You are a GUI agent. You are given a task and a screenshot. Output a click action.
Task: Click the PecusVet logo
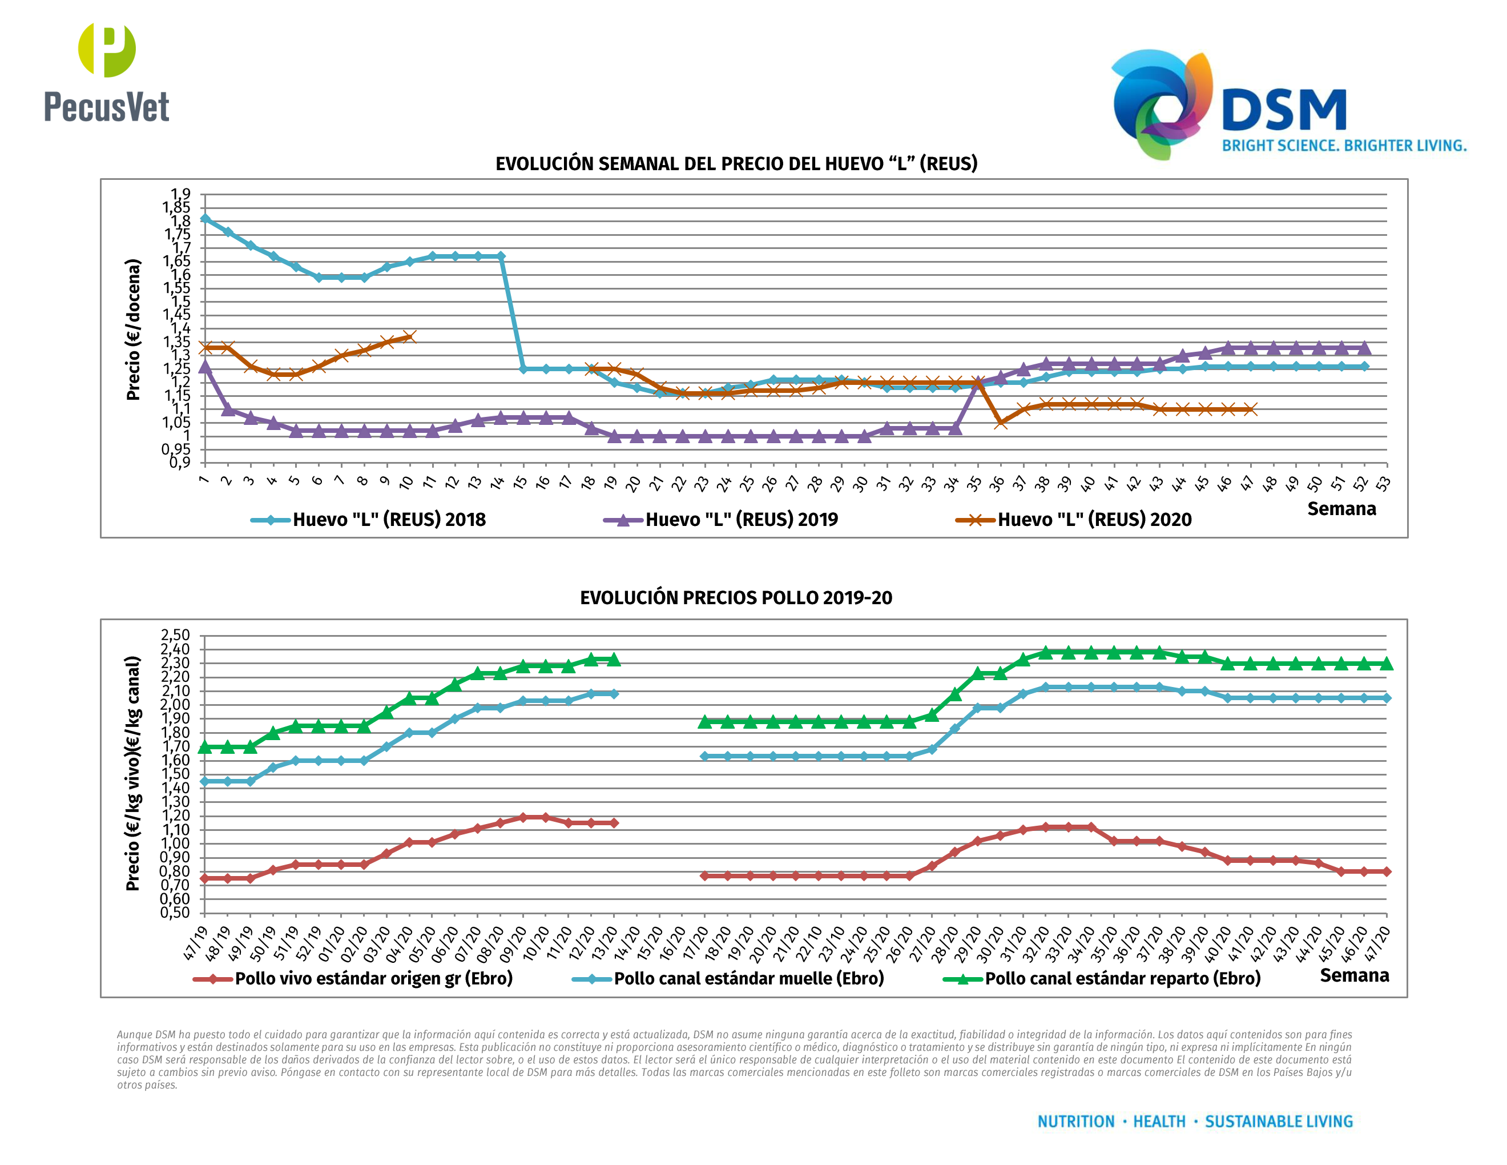pos(107,73)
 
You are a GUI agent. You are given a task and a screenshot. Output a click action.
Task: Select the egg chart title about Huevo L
pos(736,163)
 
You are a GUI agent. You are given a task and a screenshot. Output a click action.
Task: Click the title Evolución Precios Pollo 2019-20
pos(736,598)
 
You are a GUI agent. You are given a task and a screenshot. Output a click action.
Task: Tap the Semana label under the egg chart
pos(1341,509)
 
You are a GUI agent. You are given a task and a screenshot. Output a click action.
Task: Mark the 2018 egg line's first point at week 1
pos(205,219)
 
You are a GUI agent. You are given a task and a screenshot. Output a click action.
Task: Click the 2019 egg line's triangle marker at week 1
pos(205,367)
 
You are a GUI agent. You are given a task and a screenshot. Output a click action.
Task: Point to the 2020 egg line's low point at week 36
pos(1001,423)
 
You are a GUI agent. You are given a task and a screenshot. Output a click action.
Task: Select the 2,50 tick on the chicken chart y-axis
pos(175,636)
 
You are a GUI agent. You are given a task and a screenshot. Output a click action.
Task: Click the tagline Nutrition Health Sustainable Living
pos(1194,1122)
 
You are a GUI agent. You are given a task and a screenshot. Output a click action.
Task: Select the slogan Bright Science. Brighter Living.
pos(1344,146)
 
